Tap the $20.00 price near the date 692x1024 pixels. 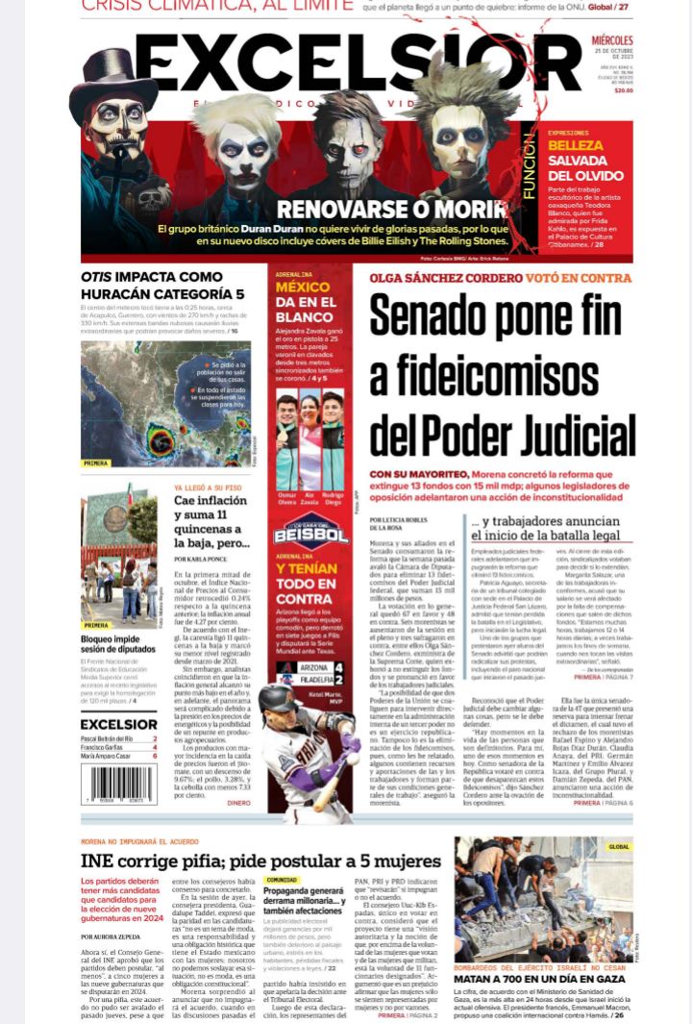click(x=624, y=90)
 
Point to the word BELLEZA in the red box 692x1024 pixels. click(x=576, y=145)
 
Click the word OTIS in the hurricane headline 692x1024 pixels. click(x=99, y=278)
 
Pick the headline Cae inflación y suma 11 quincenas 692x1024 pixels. click(x=214, y=520)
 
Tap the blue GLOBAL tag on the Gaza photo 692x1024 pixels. click(x=619, y=847)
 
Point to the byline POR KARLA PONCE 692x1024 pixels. click(x=200, y=559)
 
